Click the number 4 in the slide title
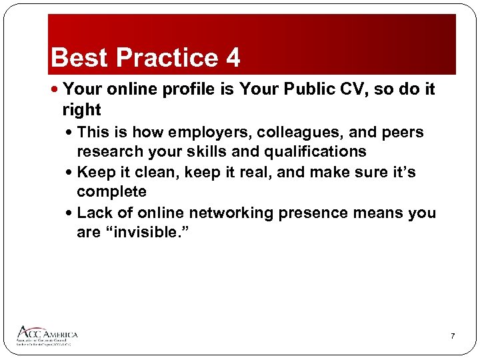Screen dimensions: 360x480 pos(233,58)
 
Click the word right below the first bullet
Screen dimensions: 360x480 pos(81,110)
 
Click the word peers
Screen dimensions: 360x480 pos(400,132)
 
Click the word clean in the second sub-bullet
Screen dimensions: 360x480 pos(160,172)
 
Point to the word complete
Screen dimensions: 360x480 pos(111,191)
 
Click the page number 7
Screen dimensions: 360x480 pos(453,335)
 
